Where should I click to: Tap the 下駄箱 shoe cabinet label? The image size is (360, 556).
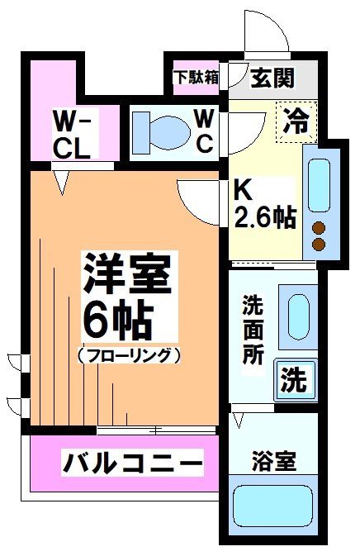pos(196,78)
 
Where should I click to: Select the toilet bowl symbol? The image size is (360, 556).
pos(161,129)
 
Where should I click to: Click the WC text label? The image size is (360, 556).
pos(206,130)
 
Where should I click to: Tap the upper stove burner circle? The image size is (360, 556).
pos(318,229)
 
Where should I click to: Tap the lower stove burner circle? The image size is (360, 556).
pos(318,245)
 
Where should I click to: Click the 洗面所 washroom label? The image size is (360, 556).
pos(253,332)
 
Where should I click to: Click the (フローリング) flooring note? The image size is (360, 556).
pos(129,355)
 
